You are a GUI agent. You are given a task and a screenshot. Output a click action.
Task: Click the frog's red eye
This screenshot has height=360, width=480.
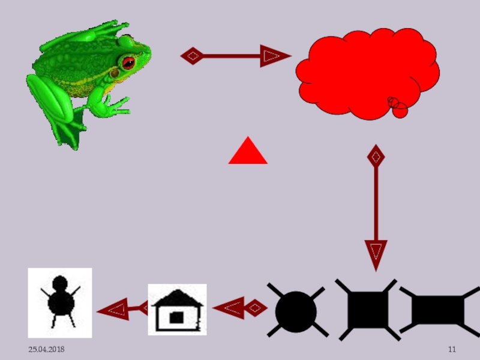pyautogui.click(x=128, y=62)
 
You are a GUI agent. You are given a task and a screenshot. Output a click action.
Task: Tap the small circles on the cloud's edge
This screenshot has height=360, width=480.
pyautogui.click(x=397, y=107)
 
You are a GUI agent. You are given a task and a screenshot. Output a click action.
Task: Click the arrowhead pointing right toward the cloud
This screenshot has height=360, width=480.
pyautogui.click(x=273, y=56)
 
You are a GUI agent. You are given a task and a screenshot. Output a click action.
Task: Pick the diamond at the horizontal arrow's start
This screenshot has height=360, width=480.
pyautogui.click(x=192, y=56)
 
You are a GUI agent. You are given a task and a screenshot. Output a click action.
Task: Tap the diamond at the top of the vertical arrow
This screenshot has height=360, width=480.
pyautogui.click(x=376, y=157)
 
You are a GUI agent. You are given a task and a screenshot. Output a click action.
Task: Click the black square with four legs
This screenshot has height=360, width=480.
pyautogui.click(x=366, y=310)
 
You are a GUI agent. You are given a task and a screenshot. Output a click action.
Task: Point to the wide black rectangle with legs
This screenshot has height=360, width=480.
pyautogui.click(x=438, y=310)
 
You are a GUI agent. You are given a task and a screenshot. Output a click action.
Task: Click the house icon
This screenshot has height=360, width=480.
pyautogui.click(x=177, y=310)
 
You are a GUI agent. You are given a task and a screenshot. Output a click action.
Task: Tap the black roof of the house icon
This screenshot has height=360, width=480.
pyautogui.click(x=177, y=298)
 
